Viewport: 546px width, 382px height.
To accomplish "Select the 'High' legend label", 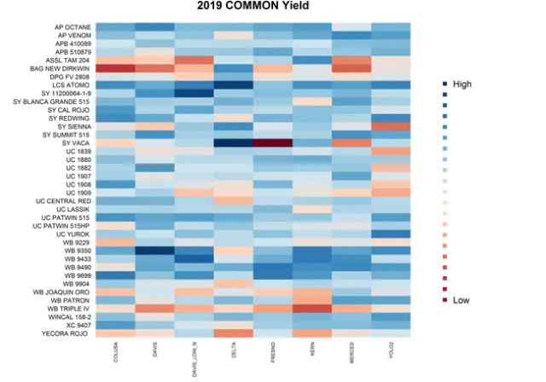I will click(x=462, y=84).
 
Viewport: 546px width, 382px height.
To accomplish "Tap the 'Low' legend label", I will click(x=461, y=300).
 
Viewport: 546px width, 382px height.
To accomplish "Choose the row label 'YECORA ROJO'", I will click(x=67, y=333).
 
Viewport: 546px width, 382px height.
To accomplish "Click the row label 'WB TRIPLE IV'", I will click(x=67, y=308).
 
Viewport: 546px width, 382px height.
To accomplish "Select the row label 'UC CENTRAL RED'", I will click(x=64, y=201).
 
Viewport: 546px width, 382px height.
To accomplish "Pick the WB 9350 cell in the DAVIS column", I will click(x=154, y=251).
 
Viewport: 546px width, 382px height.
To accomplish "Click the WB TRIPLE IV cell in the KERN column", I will click(x=311, y=308).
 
